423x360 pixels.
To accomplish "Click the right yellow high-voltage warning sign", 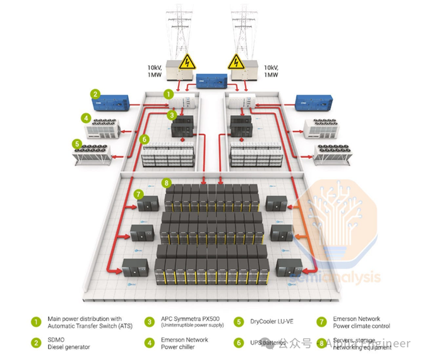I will tap(236, 62).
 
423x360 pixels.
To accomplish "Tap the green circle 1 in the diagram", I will tap(168, 93).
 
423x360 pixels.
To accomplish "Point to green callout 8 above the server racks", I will tap(167, 183).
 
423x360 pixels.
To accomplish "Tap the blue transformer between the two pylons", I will tap(211, 81).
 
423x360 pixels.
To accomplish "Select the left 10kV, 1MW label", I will tap(158, 71).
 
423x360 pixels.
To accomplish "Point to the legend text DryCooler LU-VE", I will tap(271, 321).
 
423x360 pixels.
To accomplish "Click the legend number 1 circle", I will tap(36, 321).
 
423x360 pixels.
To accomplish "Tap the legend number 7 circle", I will tap(321, 321).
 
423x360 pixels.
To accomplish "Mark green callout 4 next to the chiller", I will tap(85, 117).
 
